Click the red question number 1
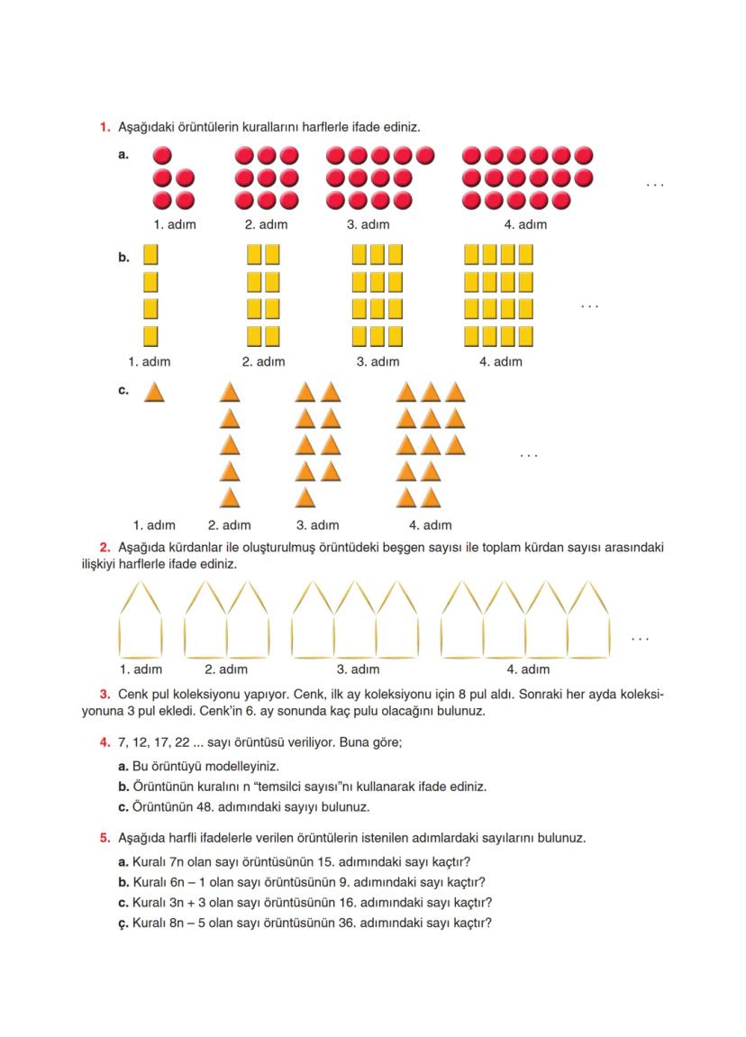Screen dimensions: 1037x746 click(105, 127)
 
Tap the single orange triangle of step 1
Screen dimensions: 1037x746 click(154, 393)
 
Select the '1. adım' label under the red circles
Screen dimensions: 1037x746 click(174, 224)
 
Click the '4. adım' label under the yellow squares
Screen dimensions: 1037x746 click(500, 362)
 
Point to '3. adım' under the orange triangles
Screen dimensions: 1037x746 click(318, 525)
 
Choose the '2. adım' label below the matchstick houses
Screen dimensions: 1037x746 click(226, 669)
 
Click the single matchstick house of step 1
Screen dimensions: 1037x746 click(141, 620)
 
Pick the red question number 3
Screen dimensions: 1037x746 click(105, 695)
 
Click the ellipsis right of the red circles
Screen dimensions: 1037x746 click(654, 185)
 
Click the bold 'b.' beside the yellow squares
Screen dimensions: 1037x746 click(123, 258)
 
